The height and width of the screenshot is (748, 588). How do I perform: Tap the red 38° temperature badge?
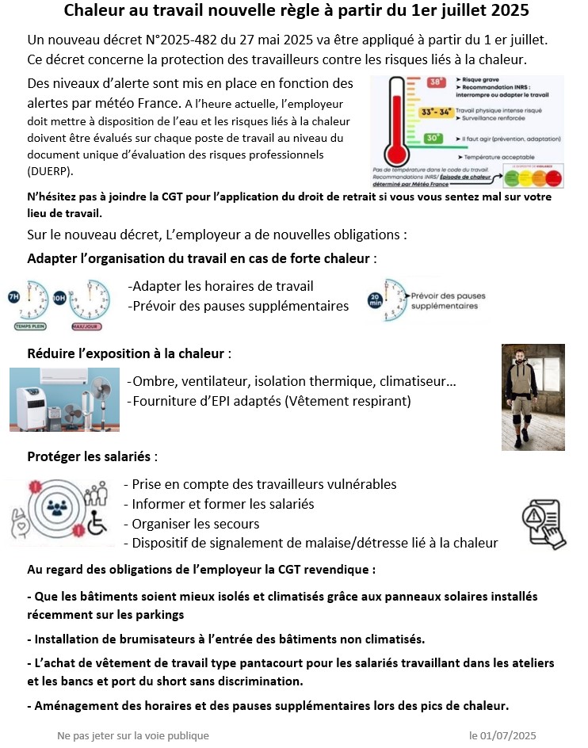[x=436, y=82]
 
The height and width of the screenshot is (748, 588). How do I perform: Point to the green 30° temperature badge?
[x=433, y=138]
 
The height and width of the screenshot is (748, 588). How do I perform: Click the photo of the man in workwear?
[x=533, y=397]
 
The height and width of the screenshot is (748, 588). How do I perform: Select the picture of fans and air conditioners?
[x=64, y=399]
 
